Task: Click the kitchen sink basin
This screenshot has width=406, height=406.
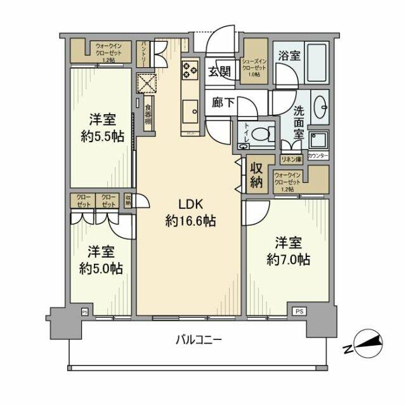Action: pyautogui.click(x=190, y=114)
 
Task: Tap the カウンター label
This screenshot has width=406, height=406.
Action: pyautogui.click(x=317, y=154)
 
